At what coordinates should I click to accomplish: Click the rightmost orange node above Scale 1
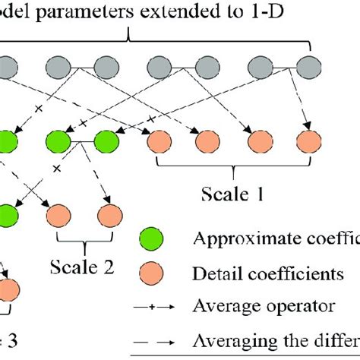tap(308, 141)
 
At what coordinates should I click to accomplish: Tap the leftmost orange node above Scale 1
tap(160, 141)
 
